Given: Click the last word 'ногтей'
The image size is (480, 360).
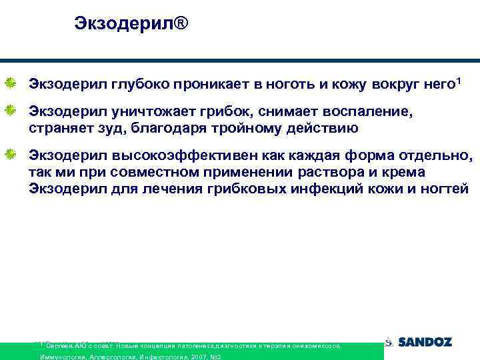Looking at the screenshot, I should click(x=446, y=188).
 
